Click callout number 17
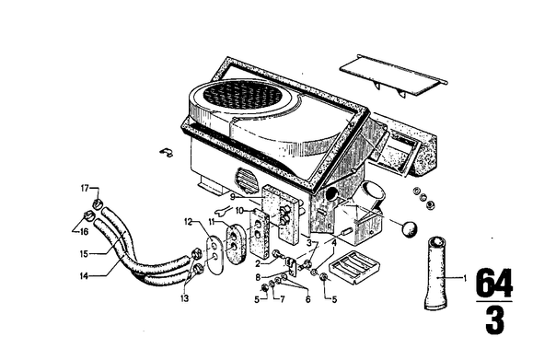click(x=85, y=189)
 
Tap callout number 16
click(x=84, y=232)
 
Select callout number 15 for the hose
click(x=84, y=254)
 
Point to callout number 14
click(x=84, y=275)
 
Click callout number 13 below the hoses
click(x=184, y=298)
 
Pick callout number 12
click(x=188, y=223)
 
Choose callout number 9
click(x=232, y=197)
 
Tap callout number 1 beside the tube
click(x=465, y=278)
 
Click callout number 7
click(x=283, y=300)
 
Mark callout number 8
click(x=258, y=277)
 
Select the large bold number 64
click(x=494, y=283)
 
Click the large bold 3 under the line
click(x=494, y=320)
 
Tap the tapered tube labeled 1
click(x=436, y=273)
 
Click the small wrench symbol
click(x=223, y=212)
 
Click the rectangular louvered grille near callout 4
click(x=354, y=267)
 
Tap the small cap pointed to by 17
click(x=98, y=203)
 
